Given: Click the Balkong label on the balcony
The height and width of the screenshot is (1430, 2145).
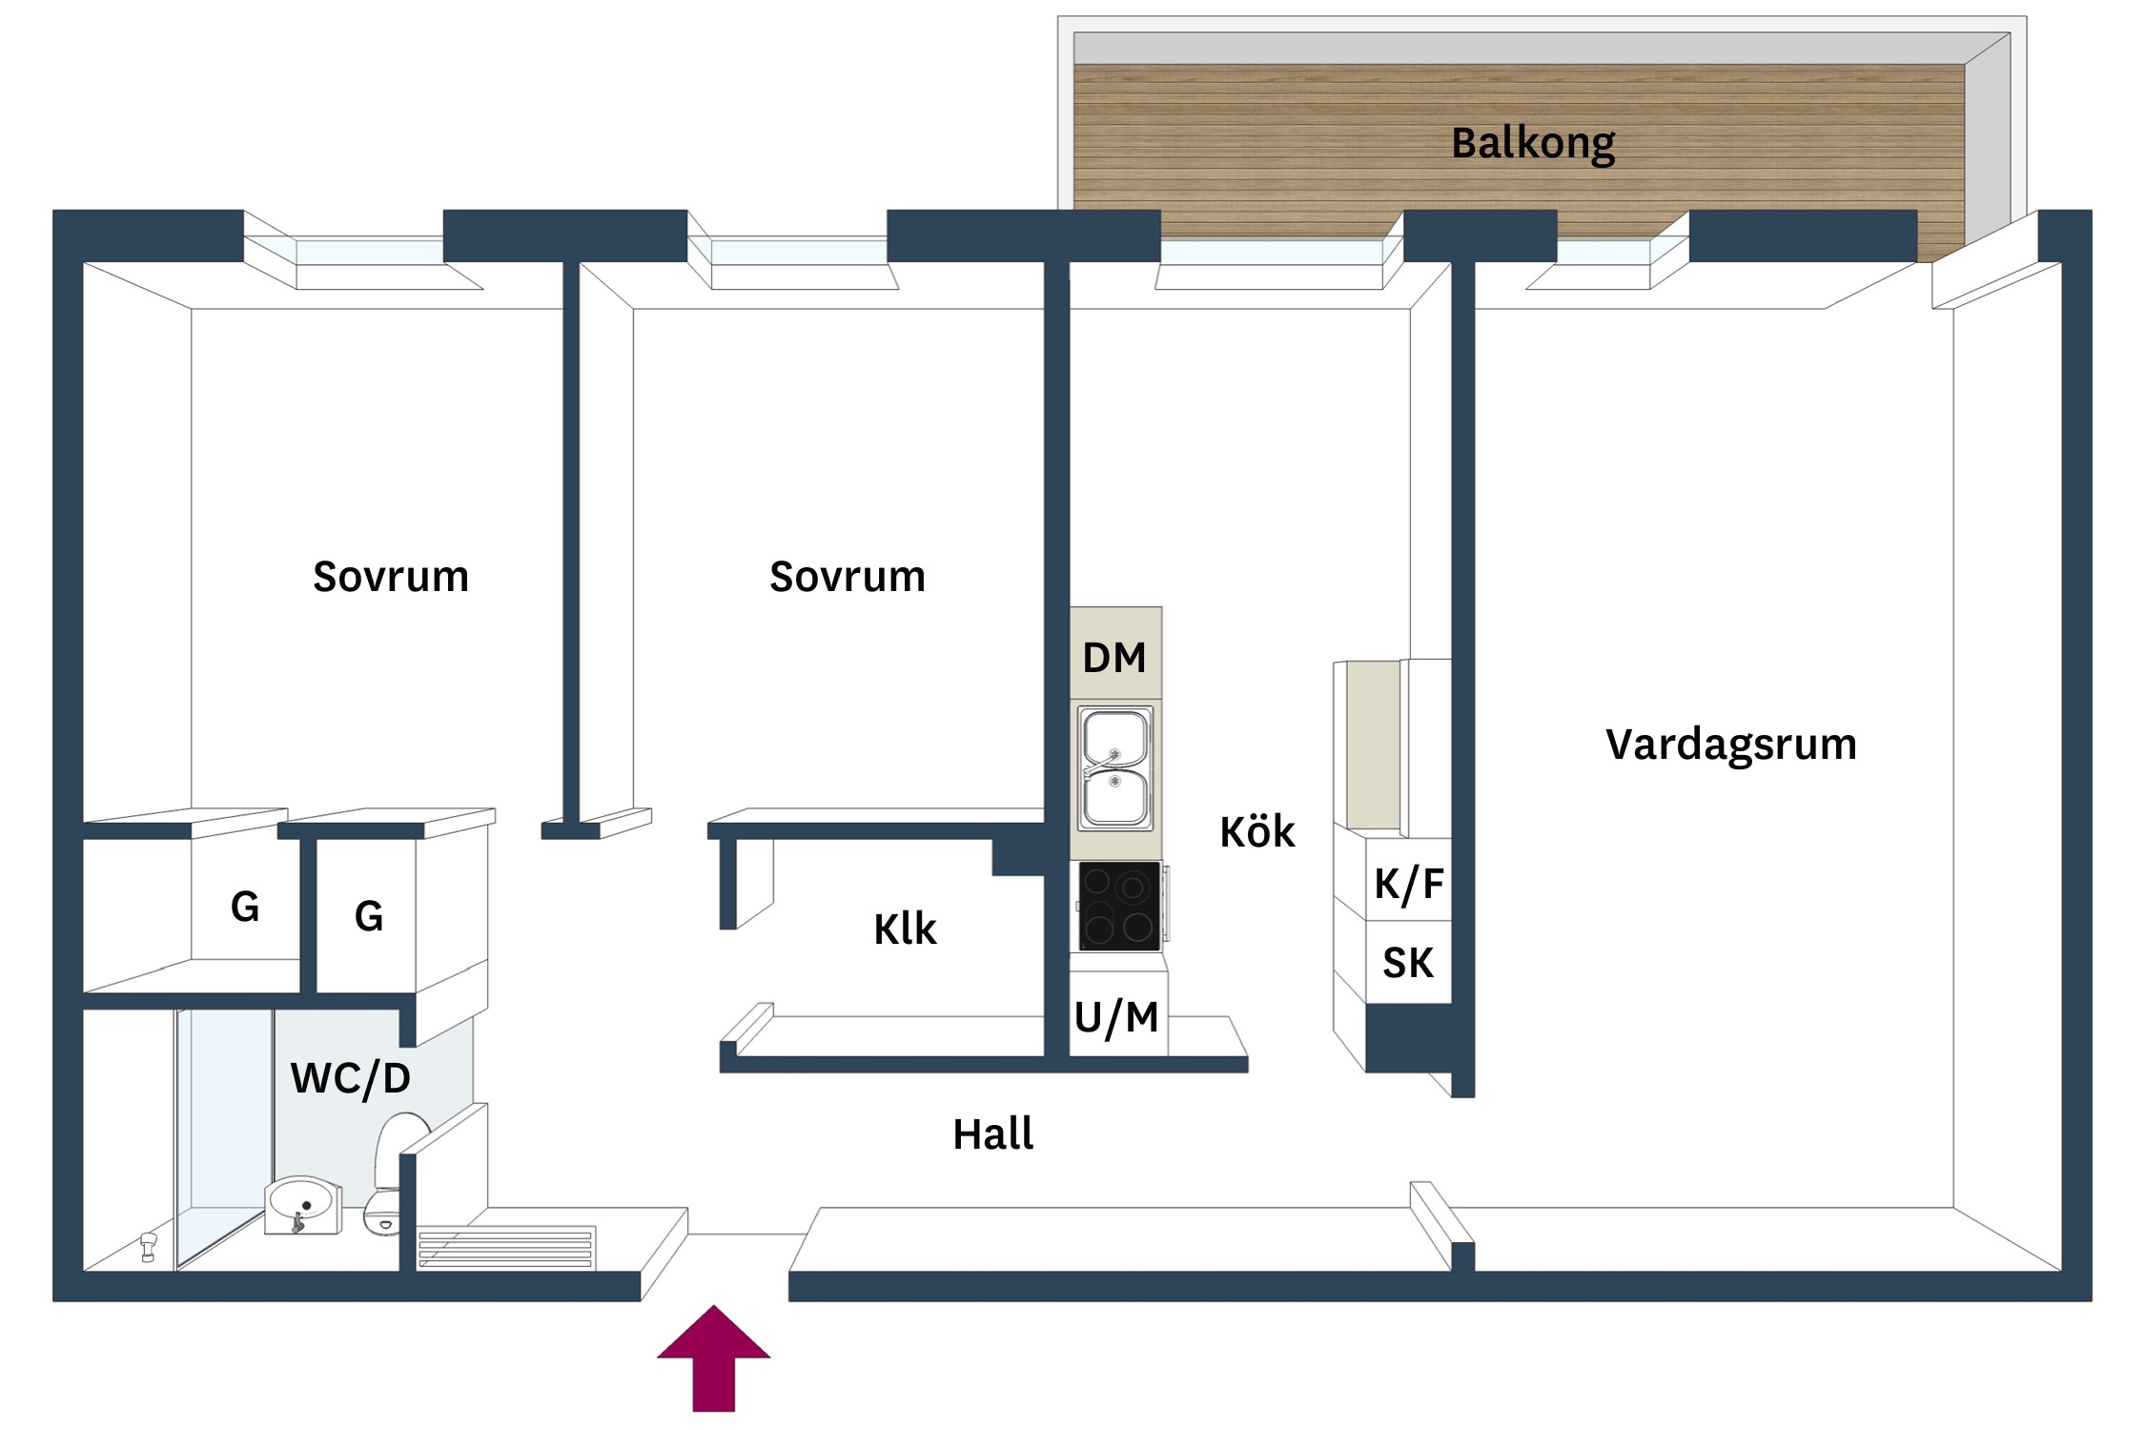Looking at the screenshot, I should point(1532,144).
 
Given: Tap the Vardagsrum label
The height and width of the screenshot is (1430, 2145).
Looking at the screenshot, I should point(1730,745).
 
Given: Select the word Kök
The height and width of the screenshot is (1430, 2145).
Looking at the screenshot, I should point(1256,832).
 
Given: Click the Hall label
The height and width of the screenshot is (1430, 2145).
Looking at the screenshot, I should point(992,1134).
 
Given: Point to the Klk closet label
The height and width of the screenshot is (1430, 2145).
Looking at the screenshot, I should point(905,929).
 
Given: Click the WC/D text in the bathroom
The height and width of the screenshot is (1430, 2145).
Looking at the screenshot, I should point(350,1078).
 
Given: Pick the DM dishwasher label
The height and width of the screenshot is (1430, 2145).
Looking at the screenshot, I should point(1113,658).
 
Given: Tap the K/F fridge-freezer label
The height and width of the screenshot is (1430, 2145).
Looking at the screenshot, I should point(1408,884).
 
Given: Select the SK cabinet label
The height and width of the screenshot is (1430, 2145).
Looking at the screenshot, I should point(1407,963).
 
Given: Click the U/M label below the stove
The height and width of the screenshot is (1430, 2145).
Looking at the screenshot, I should point(1115,1017).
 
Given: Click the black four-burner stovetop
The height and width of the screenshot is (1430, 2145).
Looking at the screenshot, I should point(1118,906).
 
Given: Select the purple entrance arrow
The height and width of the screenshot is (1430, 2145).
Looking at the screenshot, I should point(713,1358).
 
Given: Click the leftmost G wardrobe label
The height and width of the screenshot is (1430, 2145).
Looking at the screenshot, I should point(244,907).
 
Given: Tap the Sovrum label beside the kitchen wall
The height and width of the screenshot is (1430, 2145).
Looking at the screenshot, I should point(847,577).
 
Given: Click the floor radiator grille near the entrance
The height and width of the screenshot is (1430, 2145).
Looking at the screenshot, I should point(506,1248).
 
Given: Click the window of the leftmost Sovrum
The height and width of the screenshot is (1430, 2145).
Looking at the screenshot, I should point(370,252).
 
